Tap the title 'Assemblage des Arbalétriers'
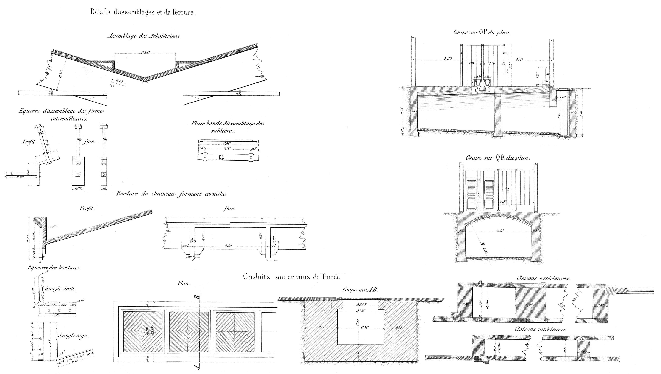(x=144, y=36)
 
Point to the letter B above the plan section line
(x=197, y=297)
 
